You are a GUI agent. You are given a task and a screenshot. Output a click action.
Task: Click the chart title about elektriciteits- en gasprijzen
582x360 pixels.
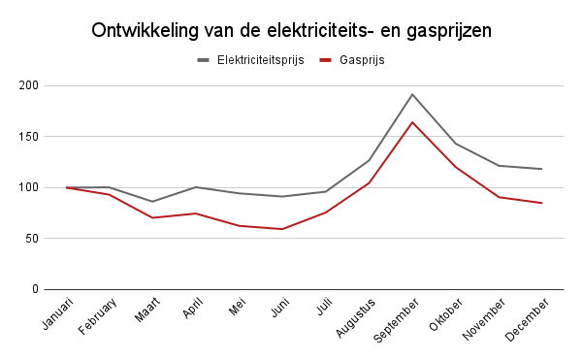pyautogui.click(x=291, y=30)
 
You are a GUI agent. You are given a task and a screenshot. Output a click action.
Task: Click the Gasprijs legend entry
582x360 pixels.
pyautogui.click(x=361, y=60)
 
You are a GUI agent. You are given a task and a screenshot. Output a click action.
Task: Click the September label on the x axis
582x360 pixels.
pyautogui.click(x=394, y=321)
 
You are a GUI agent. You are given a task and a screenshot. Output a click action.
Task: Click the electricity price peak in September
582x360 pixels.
pyautogui.click(x=412, y=94)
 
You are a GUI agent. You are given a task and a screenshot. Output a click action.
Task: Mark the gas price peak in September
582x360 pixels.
pyautogui.click(x=412, y=122)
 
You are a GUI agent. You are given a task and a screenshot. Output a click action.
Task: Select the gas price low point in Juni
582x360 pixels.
pyautogui.click(x=282, y=229)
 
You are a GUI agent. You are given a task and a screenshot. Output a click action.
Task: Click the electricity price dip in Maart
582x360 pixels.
pyautogui.click(x=152, y=202)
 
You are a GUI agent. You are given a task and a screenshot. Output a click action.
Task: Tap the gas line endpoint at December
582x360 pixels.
pyautogui.click(x=542, y=203)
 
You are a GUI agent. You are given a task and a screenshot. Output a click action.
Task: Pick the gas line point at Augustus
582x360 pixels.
pyautogui.click(x=369, y=182)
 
